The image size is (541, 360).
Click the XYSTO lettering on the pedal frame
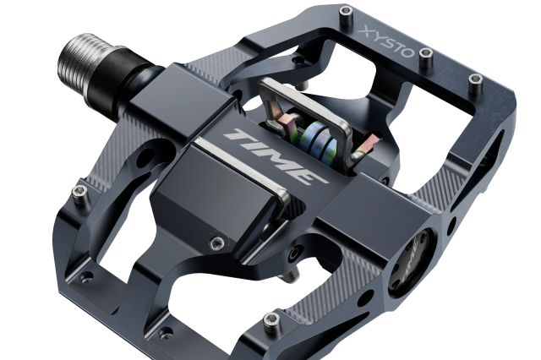pos(386,43)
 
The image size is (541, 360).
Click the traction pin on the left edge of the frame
pos(80,194)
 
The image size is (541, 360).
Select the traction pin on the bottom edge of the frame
pos(271,321)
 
